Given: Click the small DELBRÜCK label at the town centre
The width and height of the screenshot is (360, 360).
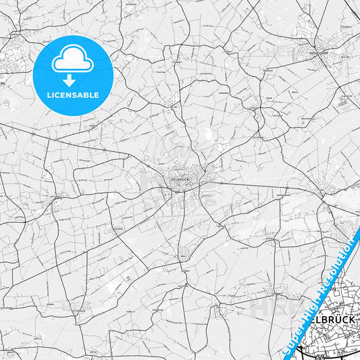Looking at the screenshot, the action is [x=181, y=179].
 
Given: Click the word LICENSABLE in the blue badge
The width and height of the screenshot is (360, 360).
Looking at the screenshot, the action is [x=72, y=95].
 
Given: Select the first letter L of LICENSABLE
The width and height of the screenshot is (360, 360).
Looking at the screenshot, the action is [x=49, y=95].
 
